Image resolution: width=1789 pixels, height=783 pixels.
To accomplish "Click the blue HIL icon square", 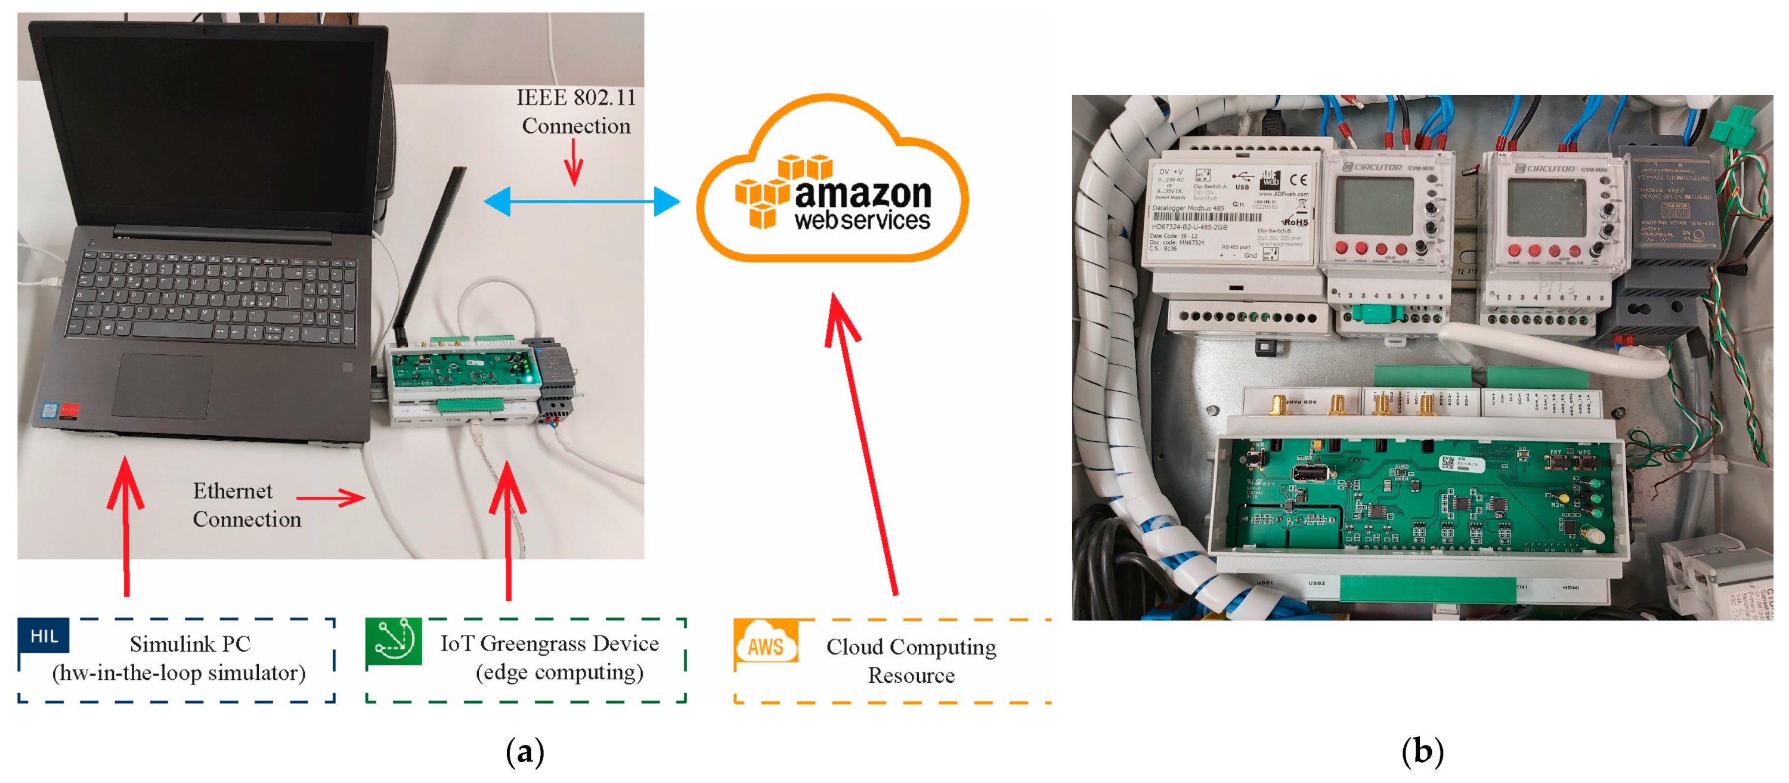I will [x=43, y=635].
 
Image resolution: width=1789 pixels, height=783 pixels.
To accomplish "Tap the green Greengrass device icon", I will [x=394, y=640].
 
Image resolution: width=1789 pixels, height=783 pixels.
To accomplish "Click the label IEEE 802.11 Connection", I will [x=575, y=111].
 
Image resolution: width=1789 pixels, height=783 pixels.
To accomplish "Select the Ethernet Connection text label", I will [x=246, y=505].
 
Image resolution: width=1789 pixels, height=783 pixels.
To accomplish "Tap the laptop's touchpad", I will [x=163, y=386].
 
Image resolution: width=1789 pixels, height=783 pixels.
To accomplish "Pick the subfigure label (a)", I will [x=524, y=752].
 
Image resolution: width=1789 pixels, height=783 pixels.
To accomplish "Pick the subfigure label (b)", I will [x=1422, y=752].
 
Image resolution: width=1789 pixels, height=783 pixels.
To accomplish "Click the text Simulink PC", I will [x=190, y=644].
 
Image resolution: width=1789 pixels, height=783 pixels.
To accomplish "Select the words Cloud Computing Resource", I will [x=911, y=661].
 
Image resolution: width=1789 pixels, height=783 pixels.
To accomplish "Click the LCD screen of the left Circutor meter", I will [x=1375, y=206].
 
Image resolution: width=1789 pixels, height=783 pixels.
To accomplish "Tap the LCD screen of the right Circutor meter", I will [x=1546, y=207].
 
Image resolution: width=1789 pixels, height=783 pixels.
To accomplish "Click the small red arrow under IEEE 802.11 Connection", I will [x=574, y=163].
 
